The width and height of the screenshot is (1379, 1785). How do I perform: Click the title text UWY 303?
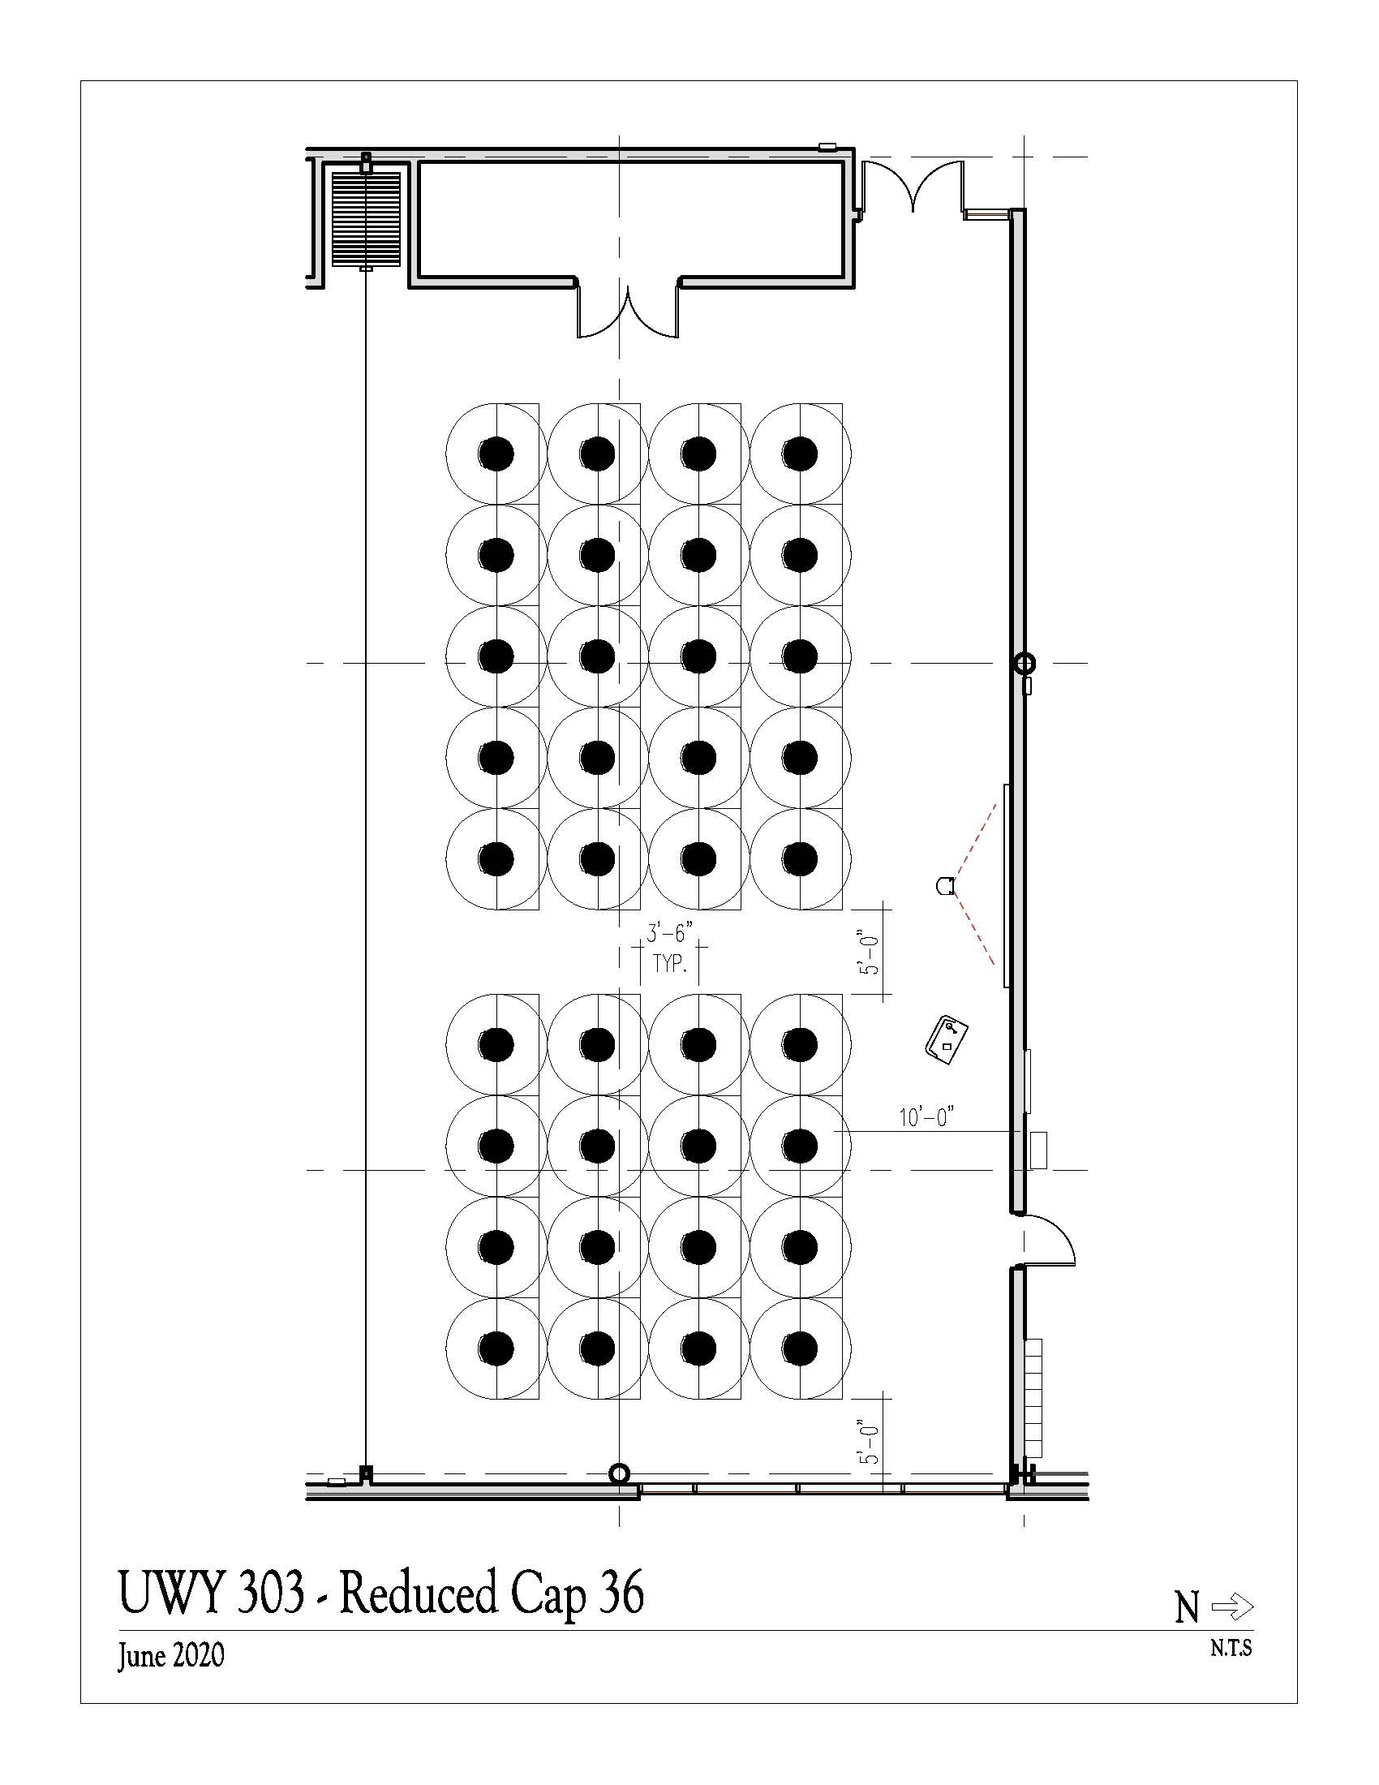pyautogui.click(x=212, y=1593)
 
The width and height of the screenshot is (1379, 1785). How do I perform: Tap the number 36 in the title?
pyautogui.click(x=621, y=1593)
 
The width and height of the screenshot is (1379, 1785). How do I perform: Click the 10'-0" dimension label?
pyautogui.click(x=927, y=1116)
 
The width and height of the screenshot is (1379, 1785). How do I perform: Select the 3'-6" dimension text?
pyautogui.click(x=669, y=933)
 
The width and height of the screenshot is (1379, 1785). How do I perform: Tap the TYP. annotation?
pyautogui.click(x=670, y=965)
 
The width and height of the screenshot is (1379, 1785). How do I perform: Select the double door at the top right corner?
pyautogui.click(x=913, y=186)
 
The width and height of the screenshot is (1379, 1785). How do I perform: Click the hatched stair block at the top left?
pyautogui.click(x=366, y=218)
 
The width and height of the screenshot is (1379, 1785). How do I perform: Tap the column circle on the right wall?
pyautogui.click(x=1024, y=663)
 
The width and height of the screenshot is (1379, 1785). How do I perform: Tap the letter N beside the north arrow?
pyautogui.click(x=1187, y=1608)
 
